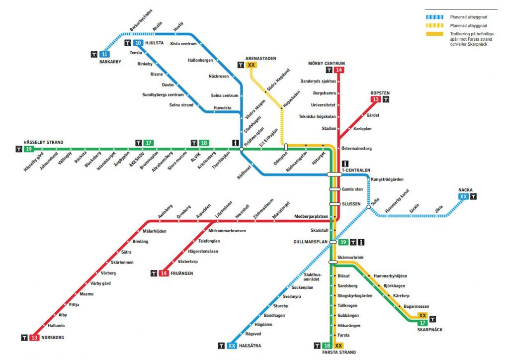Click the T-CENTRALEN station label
pos(356,170)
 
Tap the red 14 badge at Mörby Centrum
pos(339,70)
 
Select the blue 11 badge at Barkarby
pos(104,54)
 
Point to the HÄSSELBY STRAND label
pos(44,142)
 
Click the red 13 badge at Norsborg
pos(34,338)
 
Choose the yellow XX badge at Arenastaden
pos(252,65)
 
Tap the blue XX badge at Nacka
pos(464,197)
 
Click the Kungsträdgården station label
pos(387,179)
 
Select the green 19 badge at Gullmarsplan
pos(343,242)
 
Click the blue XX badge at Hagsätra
pos(232,346)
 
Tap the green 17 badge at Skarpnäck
pos(423,323)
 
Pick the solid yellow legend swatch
pos(434,34)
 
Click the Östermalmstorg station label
pos(357,148)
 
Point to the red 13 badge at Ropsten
pos(375,99)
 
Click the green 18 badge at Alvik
pos(203,143)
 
